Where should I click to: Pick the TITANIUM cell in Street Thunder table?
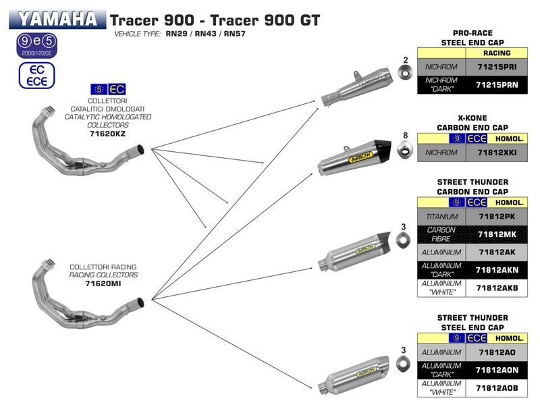442,217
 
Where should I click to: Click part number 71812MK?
497,234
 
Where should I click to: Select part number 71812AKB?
497,288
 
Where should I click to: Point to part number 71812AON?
497,370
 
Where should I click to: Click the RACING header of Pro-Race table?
497,53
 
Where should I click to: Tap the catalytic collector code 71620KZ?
107,134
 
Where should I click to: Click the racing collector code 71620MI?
103,284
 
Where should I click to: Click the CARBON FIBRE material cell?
442,234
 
